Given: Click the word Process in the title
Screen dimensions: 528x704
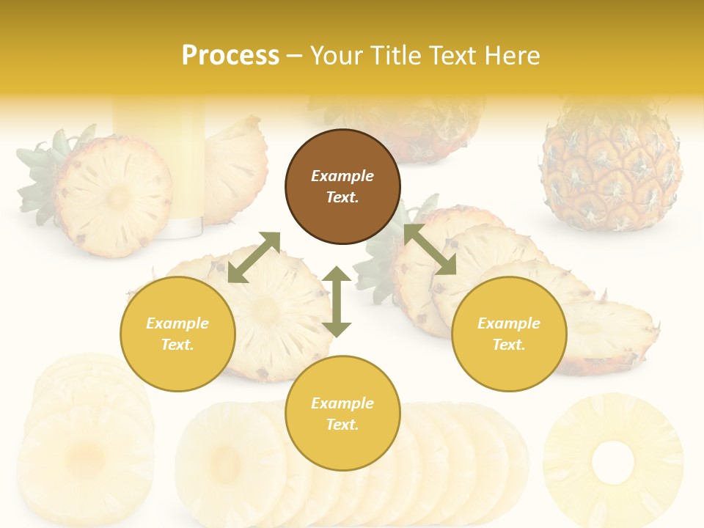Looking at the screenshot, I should tap(230, 56).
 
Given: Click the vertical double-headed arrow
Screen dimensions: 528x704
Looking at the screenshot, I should tap(337, 301).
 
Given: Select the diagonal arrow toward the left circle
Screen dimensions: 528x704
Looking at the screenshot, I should tap(254, 257).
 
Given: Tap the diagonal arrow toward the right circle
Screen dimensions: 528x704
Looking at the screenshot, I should tap(430, 250).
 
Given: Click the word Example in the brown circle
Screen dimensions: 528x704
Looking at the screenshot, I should tap(342, 176).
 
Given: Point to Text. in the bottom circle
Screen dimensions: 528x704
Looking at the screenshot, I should tap(342, 425).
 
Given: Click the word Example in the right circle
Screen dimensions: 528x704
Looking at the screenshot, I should tap(509, 323).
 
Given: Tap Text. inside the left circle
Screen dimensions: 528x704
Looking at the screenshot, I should tap(177, 345).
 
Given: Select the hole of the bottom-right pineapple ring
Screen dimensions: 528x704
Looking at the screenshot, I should tap(612, 463).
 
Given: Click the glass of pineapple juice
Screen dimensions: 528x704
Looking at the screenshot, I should tap(158, 169).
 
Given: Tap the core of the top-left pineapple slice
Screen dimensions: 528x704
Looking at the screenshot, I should tap(117, 197).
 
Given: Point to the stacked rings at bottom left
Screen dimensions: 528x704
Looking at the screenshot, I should tap(84, 440).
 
